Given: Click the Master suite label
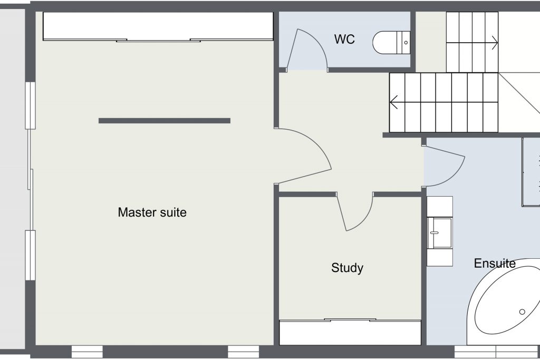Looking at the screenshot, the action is tap(152, 212).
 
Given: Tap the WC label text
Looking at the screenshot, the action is tap(344, 39).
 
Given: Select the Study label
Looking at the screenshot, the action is tap(347, 268).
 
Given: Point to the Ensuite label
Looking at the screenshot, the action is tap(495, 264).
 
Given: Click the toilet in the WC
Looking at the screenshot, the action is tap(392, 43).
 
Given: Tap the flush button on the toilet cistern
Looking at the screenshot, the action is tap(406, 43).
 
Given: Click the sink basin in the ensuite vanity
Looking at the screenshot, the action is tap(439, 233).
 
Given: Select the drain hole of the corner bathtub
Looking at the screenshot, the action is tap(522, 312).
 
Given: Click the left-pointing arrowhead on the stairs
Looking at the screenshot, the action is tap(394, 102).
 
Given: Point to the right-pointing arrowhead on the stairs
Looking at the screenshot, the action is tap(494, 43).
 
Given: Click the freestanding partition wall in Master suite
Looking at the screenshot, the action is tap(165, 121).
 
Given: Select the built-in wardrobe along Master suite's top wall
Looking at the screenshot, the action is tap(158, 26).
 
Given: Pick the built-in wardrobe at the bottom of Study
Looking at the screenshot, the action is tap(350, 332).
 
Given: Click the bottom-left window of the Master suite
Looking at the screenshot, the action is tap(87, 352).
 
